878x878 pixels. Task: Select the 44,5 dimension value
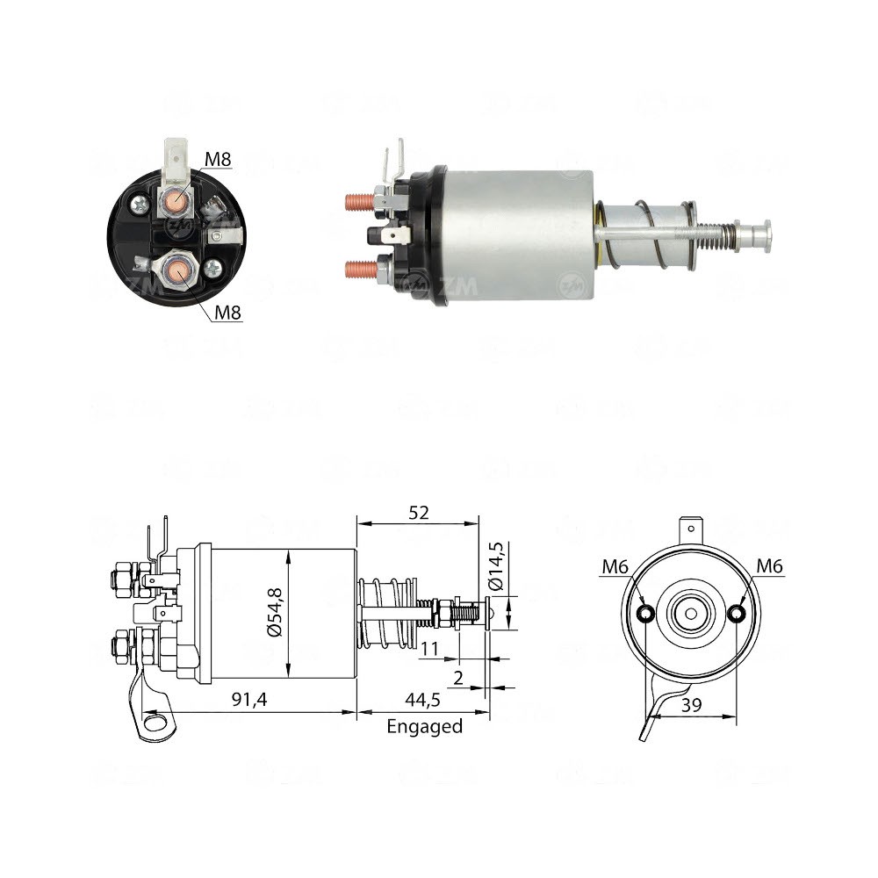(423, 702)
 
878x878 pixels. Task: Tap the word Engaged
(424, 726)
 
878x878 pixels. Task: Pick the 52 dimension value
(419, 513)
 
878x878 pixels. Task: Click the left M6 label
(615, 567)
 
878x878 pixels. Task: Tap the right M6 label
(769, 567)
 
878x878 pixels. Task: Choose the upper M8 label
(218, 159)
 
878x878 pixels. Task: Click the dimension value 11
(430, 649)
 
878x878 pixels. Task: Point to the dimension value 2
(458, 676)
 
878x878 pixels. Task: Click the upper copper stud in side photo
(357, 201)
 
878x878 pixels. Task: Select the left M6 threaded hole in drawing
(645, 613)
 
